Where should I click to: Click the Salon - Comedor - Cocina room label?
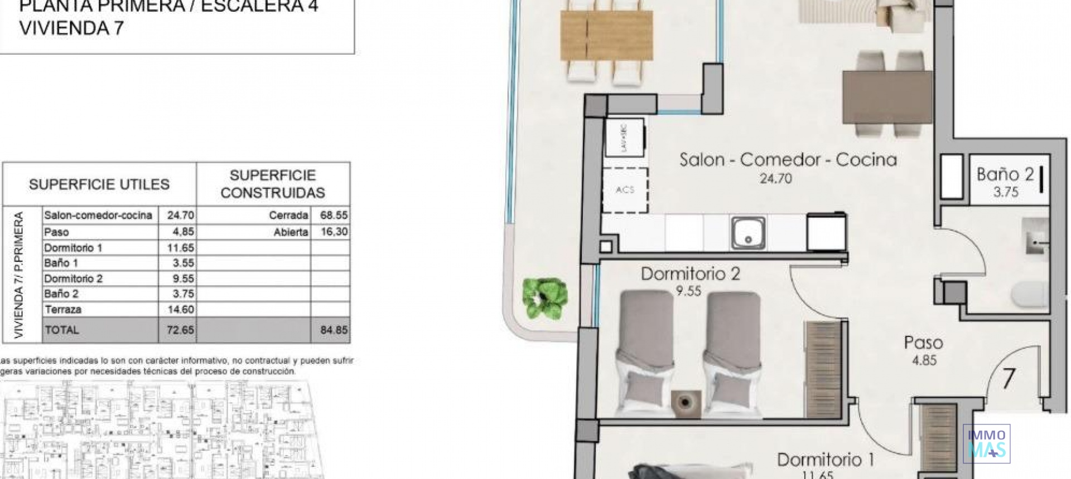coord(788,160)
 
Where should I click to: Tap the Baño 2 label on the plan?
coord(1005,174)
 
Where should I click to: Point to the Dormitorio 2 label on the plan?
coord(690,274)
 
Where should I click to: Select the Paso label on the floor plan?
coord(924,343)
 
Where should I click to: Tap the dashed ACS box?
coord(625,190)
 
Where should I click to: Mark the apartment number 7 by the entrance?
coord(1008,379)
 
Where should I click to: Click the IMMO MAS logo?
coord(987,443)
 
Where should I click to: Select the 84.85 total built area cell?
coord(334,330)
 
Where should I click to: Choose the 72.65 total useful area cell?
coord(180,330)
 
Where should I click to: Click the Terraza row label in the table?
coord(62,310)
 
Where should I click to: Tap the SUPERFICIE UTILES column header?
coord(99,184)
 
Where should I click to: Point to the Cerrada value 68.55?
coord(334,215)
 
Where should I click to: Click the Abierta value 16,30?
coord(334,232)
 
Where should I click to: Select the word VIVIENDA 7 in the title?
coord(71,28)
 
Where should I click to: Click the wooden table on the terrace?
coord(606,36)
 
